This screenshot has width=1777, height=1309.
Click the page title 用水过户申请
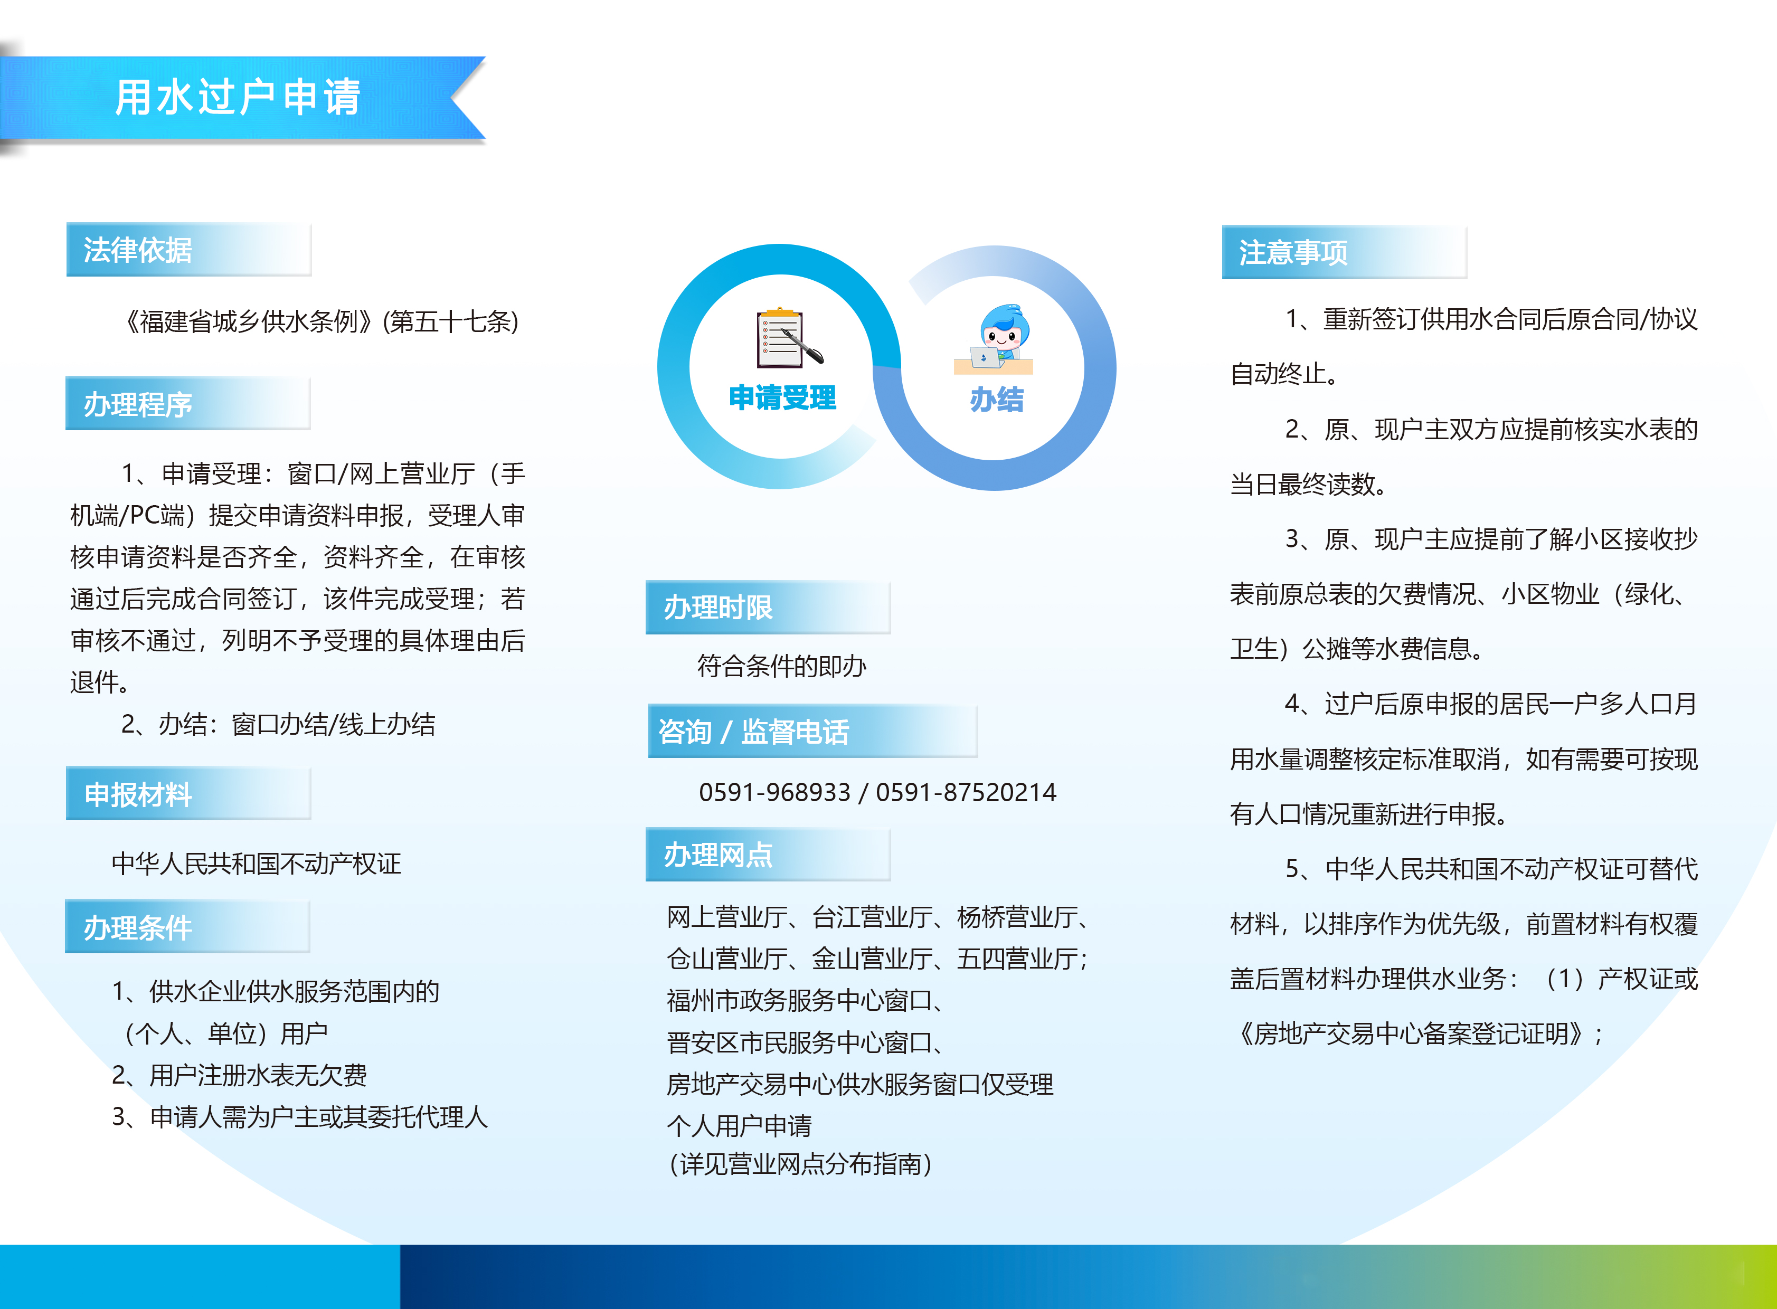click(238, 98)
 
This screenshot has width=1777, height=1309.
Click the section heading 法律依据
click(138, 250)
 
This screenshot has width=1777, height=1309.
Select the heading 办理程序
click(138, 405)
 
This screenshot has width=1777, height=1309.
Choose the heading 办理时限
click(718, 608)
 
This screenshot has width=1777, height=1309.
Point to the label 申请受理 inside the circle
click(782, 398)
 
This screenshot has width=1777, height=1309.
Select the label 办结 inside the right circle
click(996, 400)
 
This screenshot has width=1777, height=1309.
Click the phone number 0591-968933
click(774, 792)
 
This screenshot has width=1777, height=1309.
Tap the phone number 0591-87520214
click(966, 792)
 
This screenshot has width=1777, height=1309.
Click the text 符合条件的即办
click(781, 666)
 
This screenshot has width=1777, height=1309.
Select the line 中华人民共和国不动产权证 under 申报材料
click(256, 863)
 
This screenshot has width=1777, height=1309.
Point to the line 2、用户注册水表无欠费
click(239, 1075)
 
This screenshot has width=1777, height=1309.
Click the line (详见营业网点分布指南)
click(800, 1164)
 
